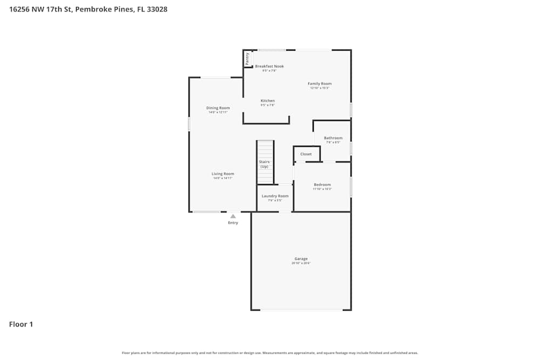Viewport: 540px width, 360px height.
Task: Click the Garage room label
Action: point(301,259)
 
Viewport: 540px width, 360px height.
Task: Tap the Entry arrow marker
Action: point(233,216)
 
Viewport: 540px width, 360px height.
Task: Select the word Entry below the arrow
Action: point(233,223)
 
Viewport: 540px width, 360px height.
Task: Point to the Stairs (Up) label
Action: point(264,164)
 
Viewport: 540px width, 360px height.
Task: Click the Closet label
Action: point(306,154)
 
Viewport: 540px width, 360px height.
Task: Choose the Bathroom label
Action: point(333,138)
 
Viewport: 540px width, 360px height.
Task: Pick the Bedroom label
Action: point(322,185)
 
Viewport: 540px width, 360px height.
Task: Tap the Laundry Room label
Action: point(275,196)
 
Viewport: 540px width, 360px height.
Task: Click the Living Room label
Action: point(222,174)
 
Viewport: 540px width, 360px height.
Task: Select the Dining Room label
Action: point(218,108)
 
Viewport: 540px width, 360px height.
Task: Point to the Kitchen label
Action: point(268,101)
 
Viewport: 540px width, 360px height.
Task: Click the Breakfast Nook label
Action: point(269,66)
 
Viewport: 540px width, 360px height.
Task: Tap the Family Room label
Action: point(320,84)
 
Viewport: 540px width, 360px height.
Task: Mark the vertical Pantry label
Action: point(247,58)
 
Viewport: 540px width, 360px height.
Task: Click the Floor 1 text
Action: point(21,324)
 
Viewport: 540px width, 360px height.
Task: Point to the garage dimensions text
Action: point(301,263)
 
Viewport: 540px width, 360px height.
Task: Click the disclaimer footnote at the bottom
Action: point(270,353)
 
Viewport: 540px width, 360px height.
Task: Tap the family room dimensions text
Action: point(320,88)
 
